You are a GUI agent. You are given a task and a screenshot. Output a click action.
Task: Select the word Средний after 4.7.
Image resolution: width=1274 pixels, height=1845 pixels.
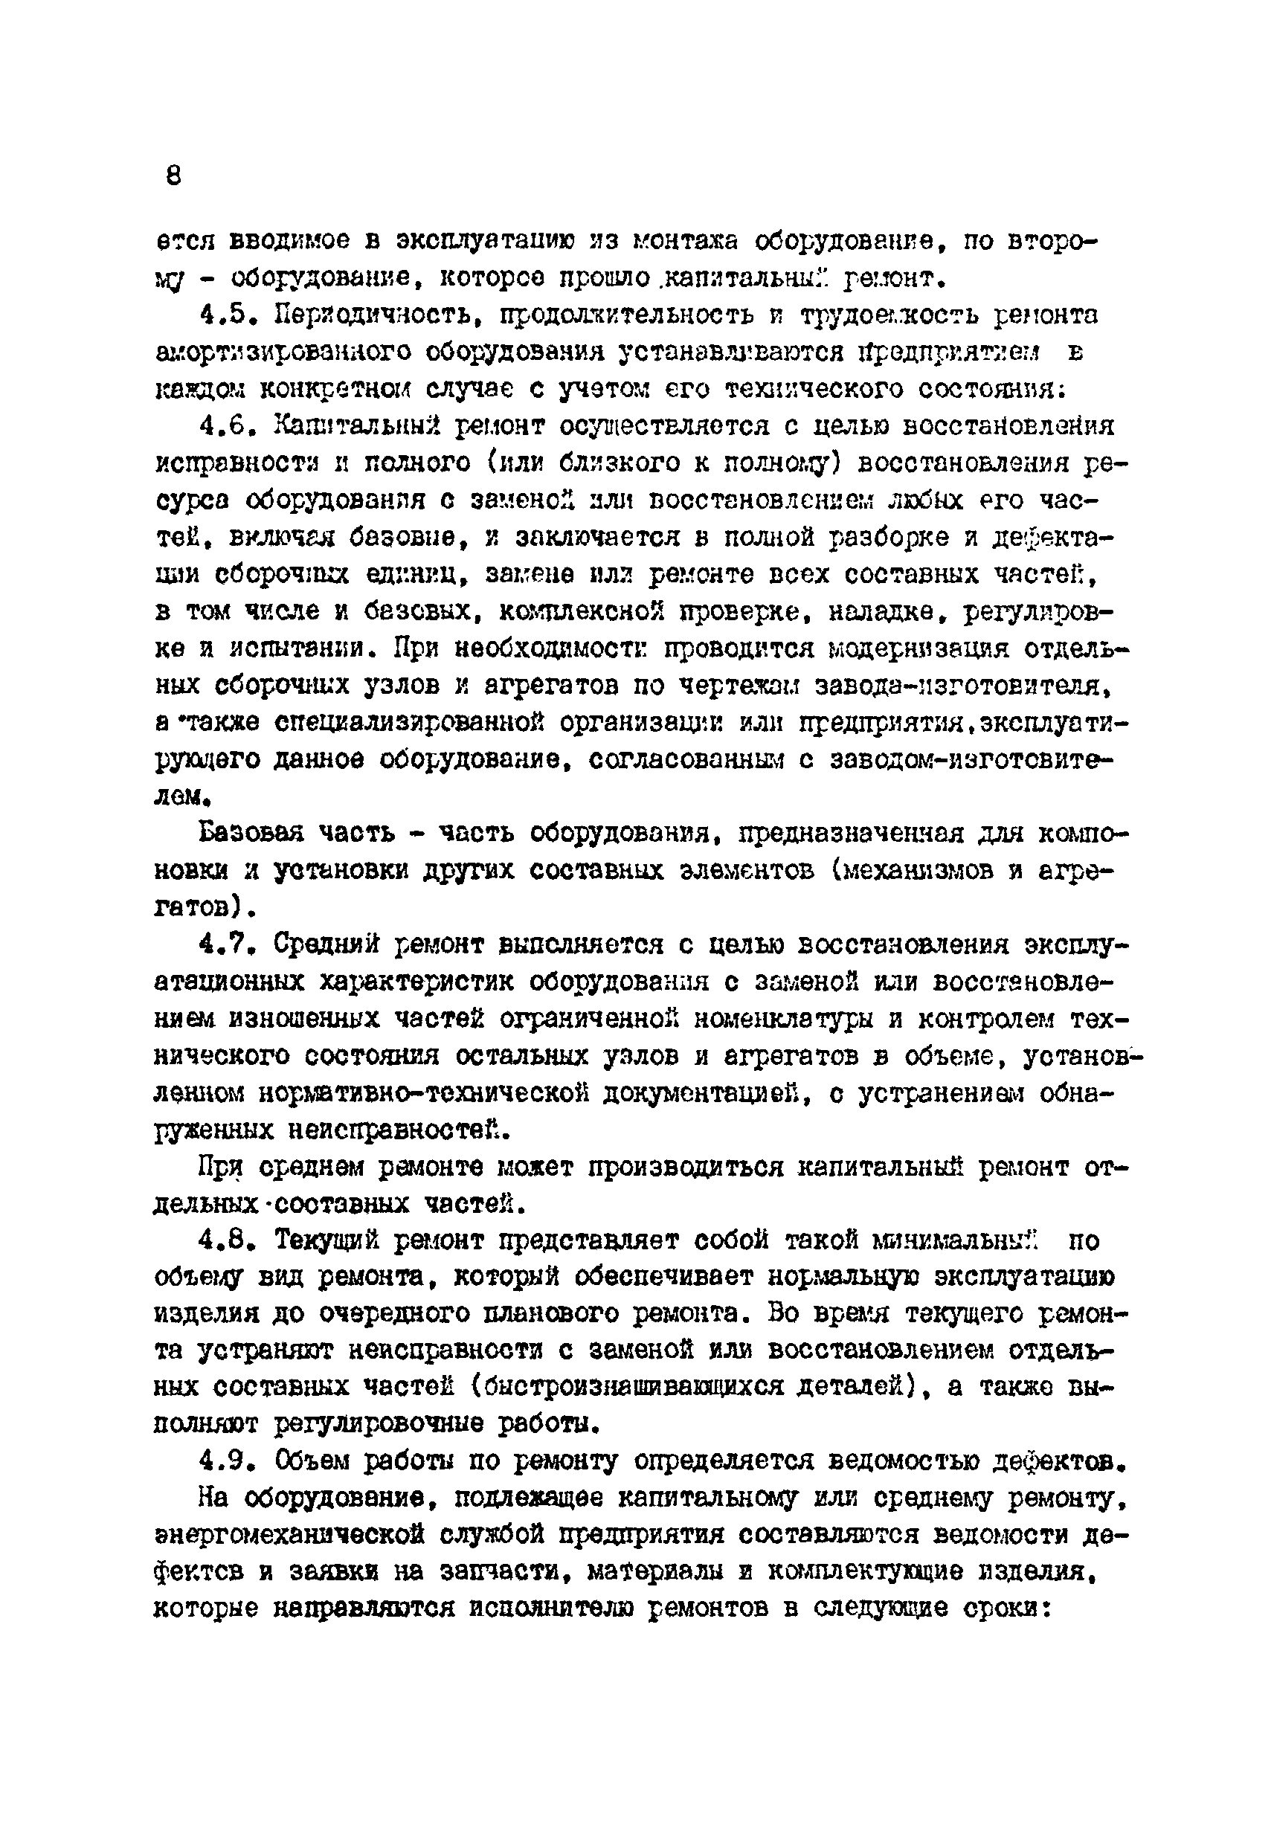(x=324, y=945)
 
